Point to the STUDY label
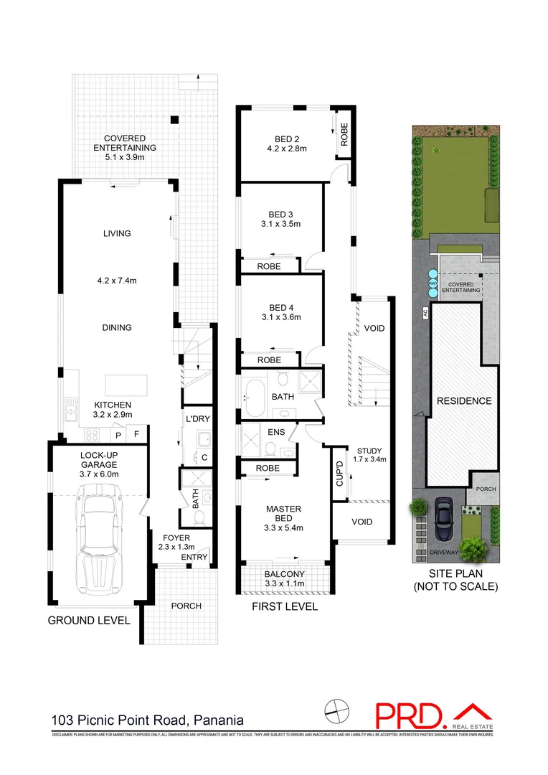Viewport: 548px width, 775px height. pyautogui.click(x=369, y=451)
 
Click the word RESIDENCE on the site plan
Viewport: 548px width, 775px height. pyautogui.click(x=464, y=400)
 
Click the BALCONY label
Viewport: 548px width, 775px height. pyautogui.click(x=285, y=573)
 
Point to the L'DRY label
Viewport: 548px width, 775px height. pyautogui.click(x=197, y=418)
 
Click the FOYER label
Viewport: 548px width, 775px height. pyautogui.click(x=175, y=537)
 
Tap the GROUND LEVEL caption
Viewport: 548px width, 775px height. pyautogui.click(x=89, y=620)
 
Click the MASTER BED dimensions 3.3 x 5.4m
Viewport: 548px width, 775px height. pyautogui.click(x=283, y=529)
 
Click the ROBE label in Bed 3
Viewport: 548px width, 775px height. pyautogui.click(x=269, y=266)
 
